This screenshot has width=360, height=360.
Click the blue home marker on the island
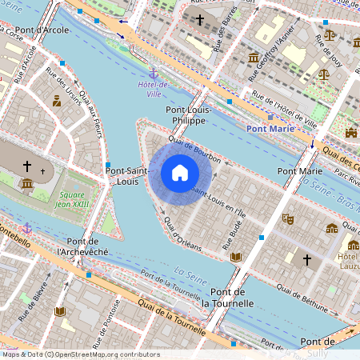180,173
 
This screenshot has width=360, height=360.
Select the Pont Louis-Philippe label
186,114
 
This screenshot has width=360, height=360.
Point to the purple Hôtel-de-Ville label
153,89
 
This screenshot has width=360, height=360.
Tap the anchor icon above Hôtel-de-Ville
153,74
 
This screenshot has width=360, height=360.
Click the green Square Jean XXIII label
72,198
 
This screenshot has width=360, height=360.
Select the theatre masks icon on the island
288,218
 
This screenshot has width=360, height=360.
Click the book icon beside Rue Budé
235,257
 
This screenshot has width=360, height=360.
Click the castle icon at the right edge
350,132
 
